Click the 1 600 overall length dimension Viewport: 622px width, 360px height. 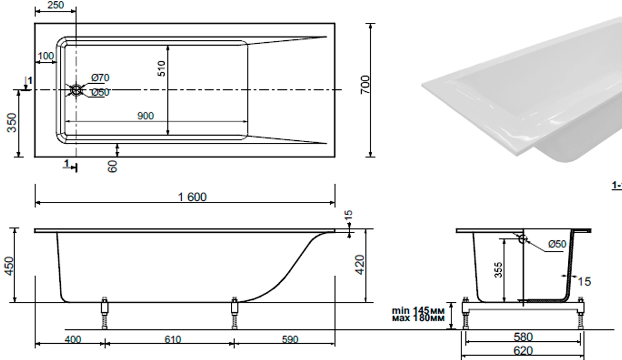pyautogui.click(x=192, y=197)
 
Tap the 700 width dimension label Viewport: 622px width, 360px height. pyautogui.click(x=365, y=85)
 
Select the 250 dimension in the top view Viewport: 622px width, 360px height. pyautogui.click(x=55, y=5)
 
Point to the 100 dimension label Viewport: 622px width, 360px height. pyautogui.click(x=46, y=56)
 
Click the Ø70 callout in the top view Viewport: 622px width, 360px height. pyautogui.click(x=100, y=77)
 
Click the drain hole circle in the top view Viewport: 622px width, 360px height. pyautogui.click(x=76, y=90)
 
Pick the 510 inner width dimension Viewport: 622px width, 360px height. pyautogui.click(x=161, y=69)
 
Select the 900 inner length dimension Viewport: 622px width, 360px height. pyautogui.click(x=145, y=116)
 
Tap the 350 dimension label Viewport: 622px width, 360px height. pyautogui.click(x=12, y=123)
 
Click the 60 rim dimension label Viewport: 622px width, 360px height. pyautogui.click(x=112, y=166)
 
